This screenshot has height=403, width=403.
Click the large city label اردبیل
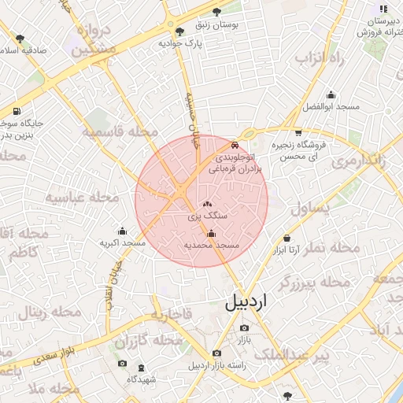pyautogui.click(x=257, y=301)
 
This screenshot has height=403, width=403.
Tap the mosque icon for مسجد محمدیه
pyautogui.click(x=211, y=233)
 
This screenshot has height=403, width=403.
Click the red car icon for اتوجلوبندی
pyautogui.click(x=235, y=146)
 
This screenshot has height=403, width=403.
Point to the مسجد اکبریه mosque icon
pyautogui.click(x=122, y=231)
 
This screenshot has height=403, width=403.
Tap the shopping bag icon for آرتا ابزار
pyautogui.click(x=286, y=238)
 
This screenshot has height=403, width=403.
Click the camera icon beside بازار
pyautogui.click(x=243, y=327)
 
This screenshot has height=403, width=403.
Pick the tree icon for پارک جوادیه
pyautogui.click(x=180, y=32)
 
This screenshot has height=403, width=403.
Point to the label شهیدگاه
pyautogui.click(x=142, y=379)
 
